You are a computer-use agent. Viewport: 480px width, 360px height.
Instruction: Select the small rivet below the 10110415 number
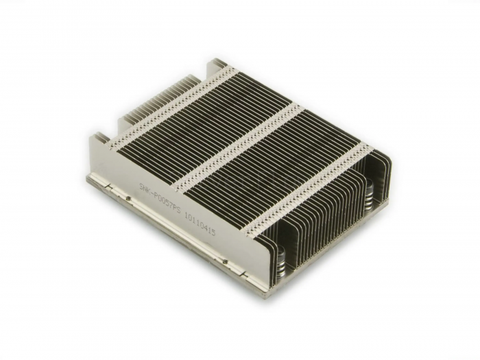(x=223, y=260)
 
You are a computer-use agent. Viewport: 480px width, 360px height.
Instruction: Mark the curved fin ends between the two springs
(x=329, y=226)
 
